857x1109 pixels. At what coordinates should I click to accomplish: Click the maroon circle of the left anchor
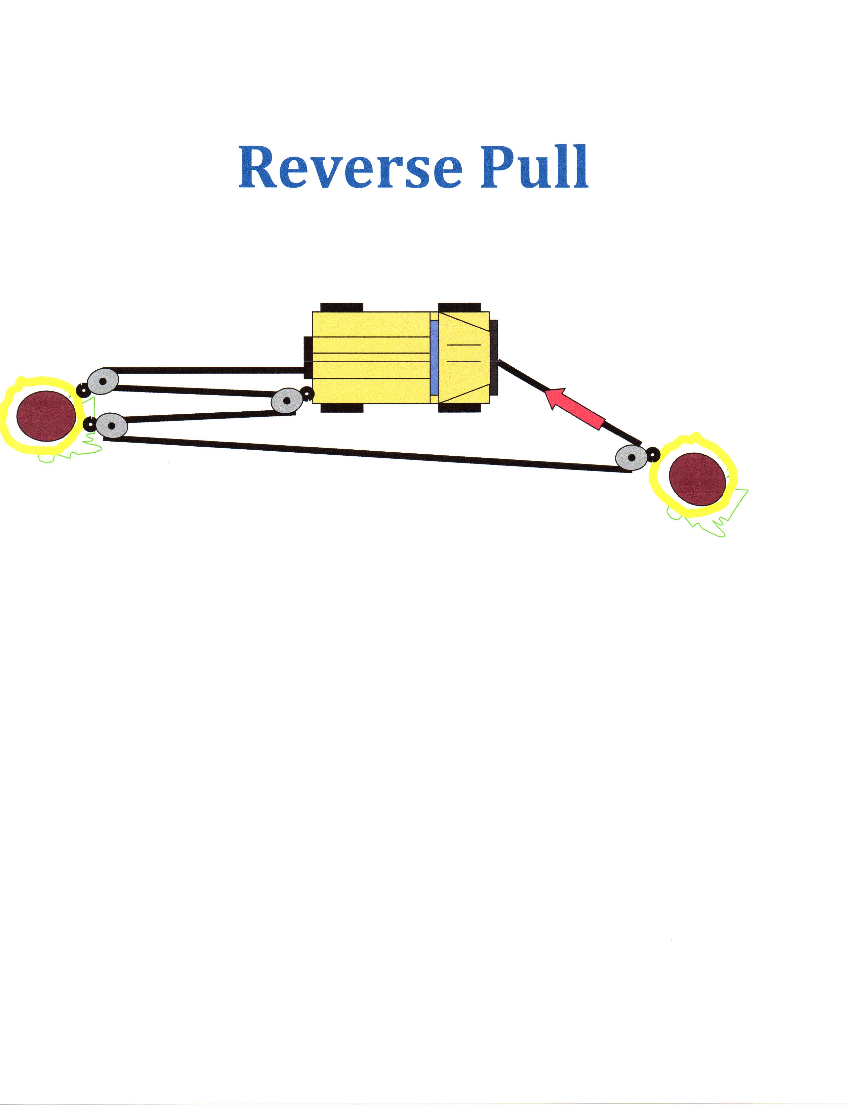[46, 416]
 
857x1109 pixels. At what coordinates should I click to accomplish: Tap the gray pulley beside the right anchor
[631, 457]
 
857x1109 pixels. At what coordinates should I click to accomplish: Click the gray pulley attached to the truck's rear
[287, 401]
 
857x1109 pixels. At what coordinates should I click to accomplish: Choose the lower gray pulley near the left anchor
[111, 425]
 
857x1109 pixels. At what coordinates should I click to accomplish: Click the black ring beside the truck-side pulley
[307, 393]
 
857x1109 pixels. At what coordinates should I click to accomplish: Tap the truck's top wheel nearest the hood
[459, 307]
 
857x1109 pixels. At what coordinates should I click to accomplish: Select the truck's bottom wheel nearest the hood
[459, 408]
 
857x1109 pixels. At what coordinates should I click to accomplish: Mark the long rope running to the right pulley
[366, 453]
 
